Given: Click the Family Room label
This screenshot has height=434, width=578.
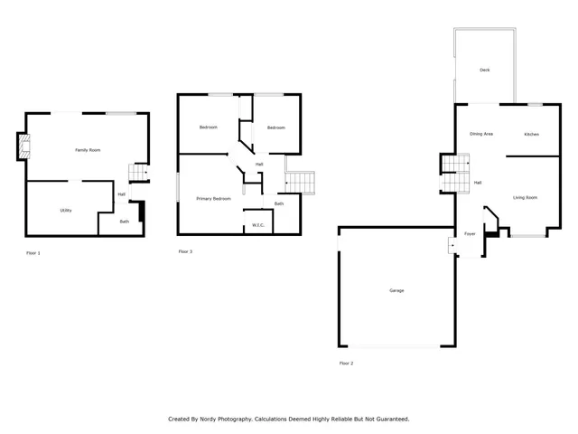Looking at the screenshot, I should pyautogui.click(x=88, y=149).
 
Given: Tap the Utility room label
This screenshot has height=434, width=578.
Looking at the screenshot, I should pyautogui.click(x=66, y=211).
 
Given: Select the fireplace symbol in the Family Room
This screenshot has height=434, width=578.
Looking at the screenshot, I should pyautogui.click(x=23, y=147).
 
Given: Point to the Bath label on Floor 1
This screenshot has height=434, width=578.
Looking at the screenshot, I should pyautogui.click(x=125, y=222).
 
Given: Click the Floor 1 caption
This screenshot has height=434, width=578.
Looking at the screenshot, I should pyautogui.click(x=33, y=252).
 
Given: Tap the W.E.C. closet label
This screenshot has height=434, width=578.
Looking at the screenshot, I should pyautogui.click(x=257, y=225).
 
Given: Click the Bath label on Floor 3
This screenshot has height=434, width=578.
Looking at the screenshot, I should pyautogui.click(x=279, y=203).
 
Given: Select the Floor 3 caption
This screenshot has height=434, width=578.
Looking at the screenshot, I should pyautogui.click(x=185, y=250).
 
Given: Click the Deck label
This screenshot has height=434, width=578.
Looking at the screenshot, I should pyautogui.click(x=485, y=70).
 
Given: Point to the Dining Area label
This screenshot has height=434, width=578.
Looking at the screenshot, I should pyautogui.click(x=481, y=134).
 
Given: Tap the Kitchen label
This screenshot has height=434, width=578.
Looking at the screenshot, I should pyautogui.click(x=532, y=134).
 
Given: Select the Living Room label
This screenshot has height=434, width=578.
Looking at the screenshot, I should pyautogui.click(x=525, y=197).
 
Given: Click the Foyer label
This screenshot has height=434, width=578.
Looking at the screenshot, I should pyautogui.click(x=470, y=233).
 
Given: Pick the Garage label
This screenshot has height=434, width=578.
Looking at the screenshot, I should pyautogui.click(x=396, y=290).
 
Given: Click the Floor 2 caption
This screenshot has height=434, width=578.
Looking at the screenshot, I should pyautogui.click(x=346, y=363).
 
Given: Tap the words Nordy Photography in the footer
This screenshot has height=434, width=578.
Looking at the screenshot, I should pyautogui.click(x=227, y=419).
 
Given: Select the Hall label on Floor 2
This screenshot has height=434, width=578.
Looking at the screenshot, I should pyautogui.click(x=478, y=183).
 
